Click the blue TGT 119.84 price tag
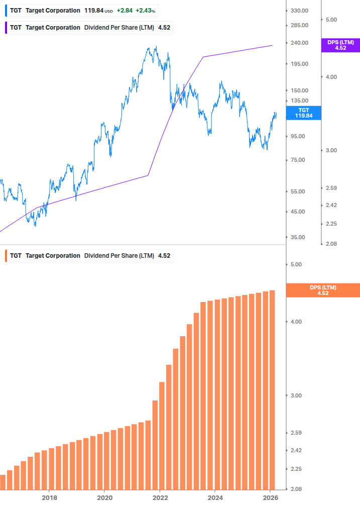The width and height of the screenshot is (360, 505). (x=304, y=113)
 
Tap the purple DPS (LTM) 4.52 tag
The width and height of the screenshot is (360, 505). (x=340, y=45)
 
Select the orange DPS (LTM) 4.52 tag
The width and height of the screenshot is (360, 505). (x=322, y=290)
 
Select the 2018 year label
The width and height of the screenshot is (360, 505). (x=49, y=497)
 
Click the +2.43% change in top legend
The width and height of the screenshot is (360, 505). (x=145, y=11)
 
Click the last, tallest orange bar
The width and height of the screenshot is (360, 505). (x=272, y=389)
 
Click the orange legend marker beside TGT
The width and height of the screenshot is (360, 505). (x=6, y=255)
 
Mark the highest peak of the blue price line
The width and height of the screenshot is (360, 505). (x=156, y=47)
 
